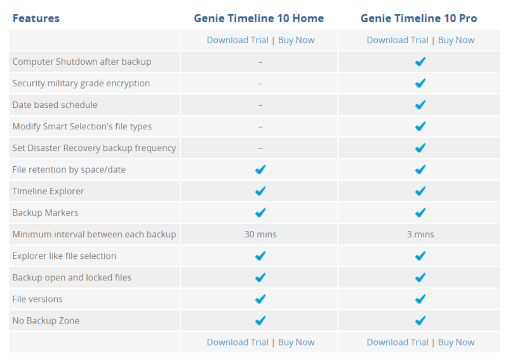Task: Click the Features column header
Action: [x=36, y=18]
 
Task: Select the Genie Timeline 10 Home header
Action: [x=259, y=18]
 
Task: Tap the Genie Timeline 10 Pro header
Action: [x=419, y=18]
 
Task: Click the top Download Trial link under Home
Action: [x=237, y=40]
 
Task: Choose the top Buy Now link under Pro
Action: [x=456, y=40]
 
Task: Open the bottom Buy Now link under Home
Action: [x=296, y=342]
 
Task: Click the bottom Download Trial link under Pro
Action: [x=398, y=342]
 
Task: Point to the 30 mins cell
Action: [x=260, y=234]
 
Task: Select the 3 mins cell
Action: [x=420, y=234]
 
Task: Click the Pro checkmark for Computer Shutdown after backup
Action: [x=420, y=62]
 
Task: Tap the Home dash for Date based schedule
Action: [x=260, y=105]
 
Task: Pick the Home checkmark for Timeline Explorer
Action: [x=260, y=191]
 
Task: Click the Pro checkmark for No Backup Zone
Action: [x=420, y=320]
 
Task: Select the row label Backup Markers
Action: [x=45, y=213]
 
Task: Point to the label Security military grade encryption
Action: [x=81, y=83]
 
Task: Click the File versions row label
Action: [x=37, y=299]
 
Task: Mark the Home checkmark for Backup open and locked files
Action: [x=260, y=277]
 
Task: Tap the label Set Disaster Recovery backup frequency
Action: [x=94, y=148]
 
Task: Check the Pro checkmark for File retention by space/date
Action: [x=420, y=169]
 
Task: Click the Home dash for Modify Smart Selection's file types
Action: [x=260, y=126]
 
